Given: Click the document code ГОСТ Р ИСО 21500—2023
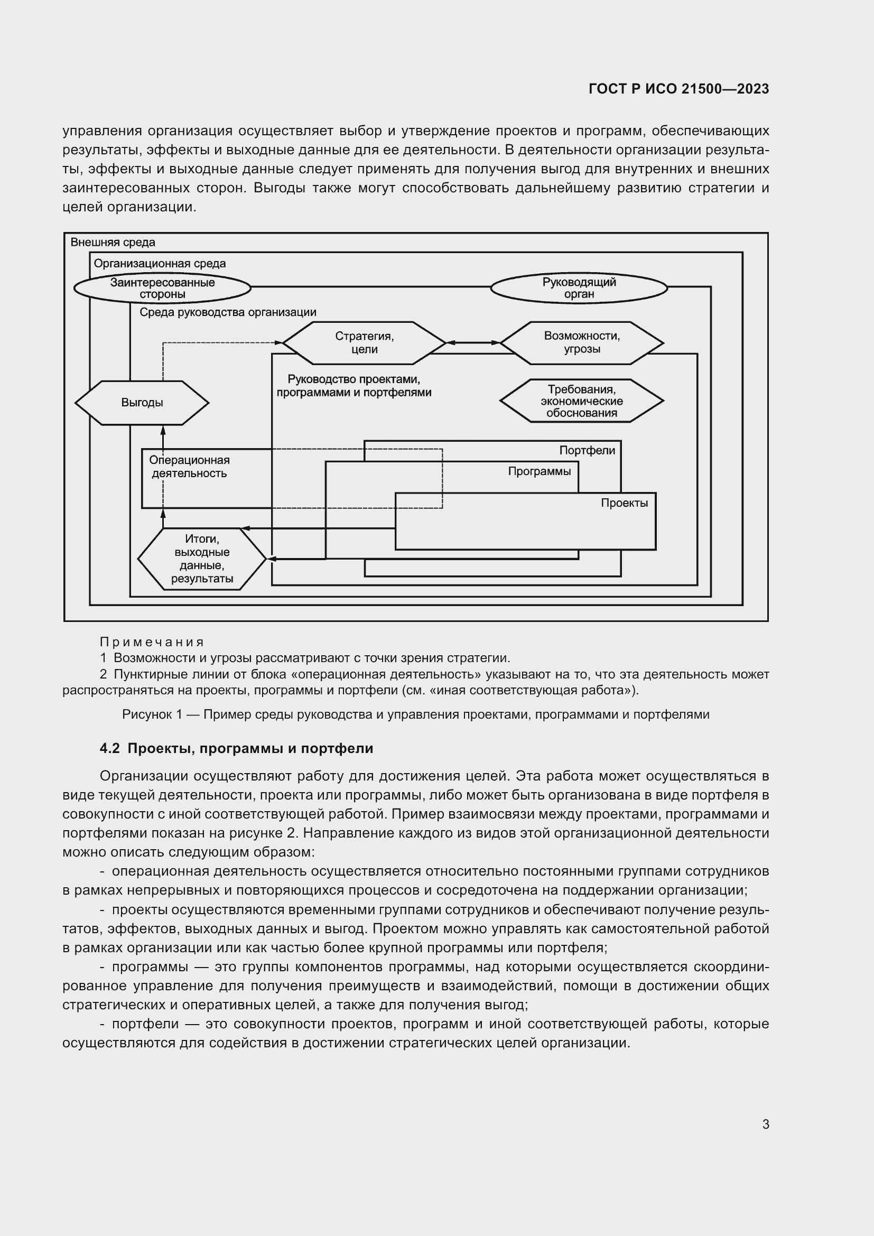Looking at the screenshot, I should [678, 89].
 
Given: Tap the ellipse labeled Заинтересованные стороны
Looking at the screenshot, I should [162, 288].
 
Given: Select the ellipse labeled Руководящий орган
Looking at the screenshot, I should [579, 288].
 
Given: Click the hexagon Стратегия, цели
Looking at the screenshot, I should [365, 343].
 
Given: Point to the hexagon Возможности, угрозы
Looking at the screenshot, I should [581, 343].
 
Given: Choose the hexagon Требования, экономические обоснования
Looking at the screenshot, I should [581, 401].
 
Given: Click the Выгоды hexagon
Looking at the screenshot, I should [142, 403].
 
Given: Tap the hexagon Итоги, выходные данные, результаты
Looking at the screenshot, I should [202, 559].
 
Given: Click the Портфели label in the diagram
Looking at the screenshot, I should [587, 451].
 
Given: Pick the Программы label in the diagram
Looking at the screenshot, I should [540, 471].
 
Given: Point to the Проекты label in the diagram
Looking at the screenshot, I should [624, 503].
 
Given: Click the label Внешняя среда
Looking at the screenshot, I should [113, 242].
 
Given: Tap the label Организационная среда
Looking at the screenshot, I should [159, 264].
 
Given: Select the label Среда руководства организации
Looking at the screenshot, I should [228, 312].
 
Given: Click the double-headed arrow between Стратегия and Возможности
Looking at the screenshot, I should [473, 342].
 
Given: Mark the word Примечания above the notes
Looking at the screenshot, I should [152, 642].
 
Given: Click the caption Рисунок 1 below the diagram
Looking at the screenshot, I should [415, 714].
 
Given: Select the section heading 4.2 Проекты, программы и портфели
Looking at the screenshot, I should [236, 748].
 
